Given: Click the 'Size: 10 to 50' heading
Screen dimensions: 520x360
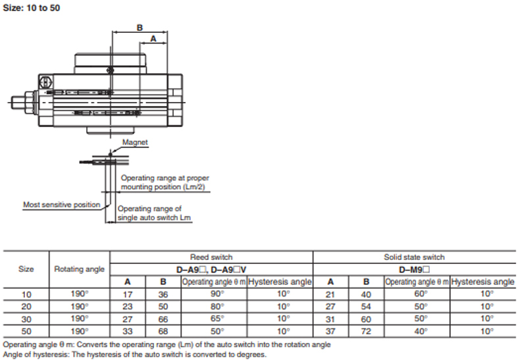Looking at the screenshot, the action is pos(31,8).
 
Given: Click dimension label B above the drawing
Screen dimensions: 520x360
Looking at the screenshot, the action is pos(140,28).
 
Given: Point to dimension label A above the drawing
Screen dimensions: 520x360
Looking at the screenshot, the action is pos(153,39).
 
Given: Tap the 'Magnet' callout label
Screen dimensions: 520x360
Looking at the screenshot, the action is pos(135,142).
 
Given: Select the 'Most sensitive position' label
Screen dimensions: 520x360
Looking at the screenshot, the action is pos(61,205).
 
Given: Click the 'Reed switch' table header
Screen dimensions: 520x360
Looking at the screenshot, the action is pos(211,257).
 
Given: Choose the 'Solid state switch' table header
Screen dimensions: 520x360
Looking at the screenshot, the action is pos(414,257).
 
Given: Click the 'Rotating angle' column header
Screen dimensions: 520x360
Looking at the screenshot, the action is pos(79,269).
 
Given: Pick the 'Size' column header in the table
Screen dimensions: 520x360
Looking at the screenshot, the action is pos(26,269).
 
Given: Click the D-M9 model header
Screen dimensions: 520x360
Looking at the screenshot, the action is pos(414,269).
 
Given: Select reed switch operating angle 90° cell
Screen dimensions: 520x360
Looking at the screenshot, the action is pos(217,294).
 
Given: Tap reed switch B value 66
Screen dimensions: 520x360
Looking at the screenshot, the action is pos(163,319).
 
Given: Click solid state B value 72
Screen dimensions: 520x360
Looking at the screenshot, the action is pos(366,331).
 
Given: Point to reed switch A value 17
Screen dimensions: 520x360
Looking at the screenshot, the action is pos(127,294).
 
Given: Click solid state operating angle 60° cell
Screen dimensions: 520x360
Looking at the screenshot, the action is pos(421,294).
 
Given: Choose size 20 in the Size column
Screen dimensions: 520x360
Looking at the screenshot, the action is pos(26,307).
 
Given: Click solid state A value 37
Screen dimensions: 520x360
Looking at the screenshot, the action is pos(330,331).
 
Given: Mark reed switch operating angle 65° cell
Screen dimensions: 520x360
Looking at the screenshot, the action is pos(217,319).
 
